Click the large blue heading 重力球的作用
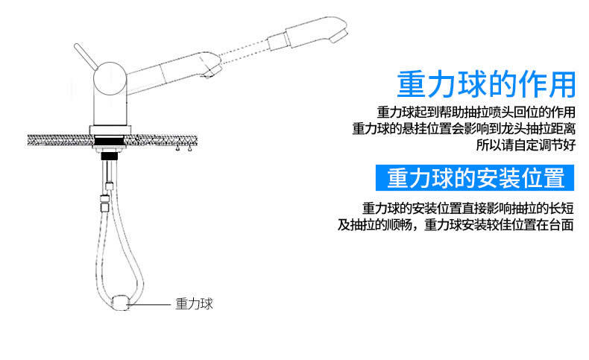pyautogui.click(x=486, y=84)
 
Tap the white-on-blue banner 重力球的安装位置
pyautogui.click(x=475, y=177)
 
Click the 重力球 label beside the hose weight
pyautogui.click(x=194, y=303)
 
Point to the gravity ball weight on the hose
pyautogui.click(x=121, y=303)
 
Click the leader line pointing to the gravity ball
pyautogui.click(x=150, y=304)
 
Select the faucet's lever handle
pyautogui.click(x=86, y=57)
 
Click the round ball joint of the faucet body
pyautogui.click(x=110, y=78)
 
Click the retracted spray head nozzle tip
pyautogui.click(x=211, y=72)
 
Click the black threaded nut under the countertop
pyautogui.click(x=110, y=156)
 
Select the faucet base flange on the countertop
pyautogui.click(x=110, y=130)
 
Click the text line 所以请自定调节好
pyautogui.click(x=526, y=145)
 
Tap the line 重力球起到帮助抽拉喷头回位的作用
pyautogui.click(x=476, y=112)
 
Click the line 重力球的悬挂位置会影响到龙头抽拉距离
pyautogui.click(x=464, y=128)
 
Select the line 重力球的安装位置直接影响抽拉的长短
pyautogui.click(x=467, y=208)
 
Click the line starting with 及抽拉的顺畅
pyautogui.click(x=456, y=225)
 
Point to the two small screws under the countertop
pyautogui.click(x=183, y=148)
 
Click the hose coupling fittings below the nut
pyautogui.click(x=107, y=196)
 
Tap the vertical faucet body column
pyautogui.click(x=110, y=107)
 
